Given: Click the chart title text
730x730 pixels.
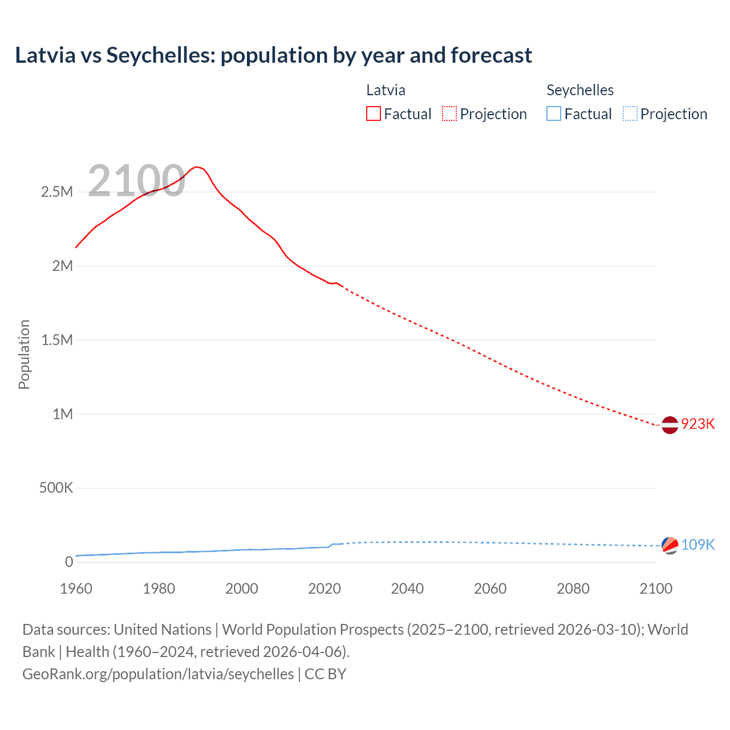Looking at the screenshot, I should (273, 55).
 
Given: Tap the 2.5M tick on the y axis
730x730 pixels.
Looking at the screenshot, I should (57, 192).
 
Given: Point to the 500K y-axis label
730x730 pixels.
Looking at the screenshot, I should (56, 488).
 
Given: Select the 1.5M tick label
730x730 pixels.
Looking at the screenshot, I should (57, 340).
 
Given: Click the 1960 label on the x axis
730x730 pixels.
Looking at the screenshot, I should (76, 589).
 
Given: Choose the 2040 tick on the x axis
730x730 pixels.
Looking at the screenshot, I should (407, 589).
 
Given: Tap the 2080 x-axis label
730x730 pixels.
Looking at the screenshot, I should (573, 589).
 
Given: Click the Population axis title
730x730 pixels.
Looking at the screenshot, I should (24, 354).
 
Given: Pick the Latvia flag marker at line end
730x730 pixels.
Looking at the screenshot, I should (670, 425).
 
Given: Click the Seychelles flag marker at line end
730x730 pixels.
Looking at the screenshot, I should (670, 546).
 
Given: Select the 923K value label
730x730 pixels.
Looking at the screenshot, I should (697, 424).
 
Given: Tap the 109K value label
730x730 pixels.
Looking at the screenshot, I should (697, 545).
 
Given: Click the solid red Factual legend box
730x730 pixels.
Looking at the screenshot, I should (374, 114).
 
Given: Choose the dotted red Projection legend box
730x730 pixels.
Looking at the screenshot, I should (449, 114).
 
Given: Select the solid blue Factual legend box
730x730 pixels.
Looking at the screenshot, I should (554, 114).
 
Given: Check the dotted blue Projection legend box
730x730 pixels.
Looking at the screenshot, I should (630, 114).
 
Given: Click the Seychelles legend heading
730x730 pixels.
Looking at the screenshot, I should (580, 90).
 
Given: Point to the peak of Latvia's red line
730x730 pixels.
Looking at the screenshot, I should (196, 167).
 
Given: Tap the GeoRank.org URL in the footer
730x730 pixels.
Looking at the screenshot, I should (158, 674).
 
